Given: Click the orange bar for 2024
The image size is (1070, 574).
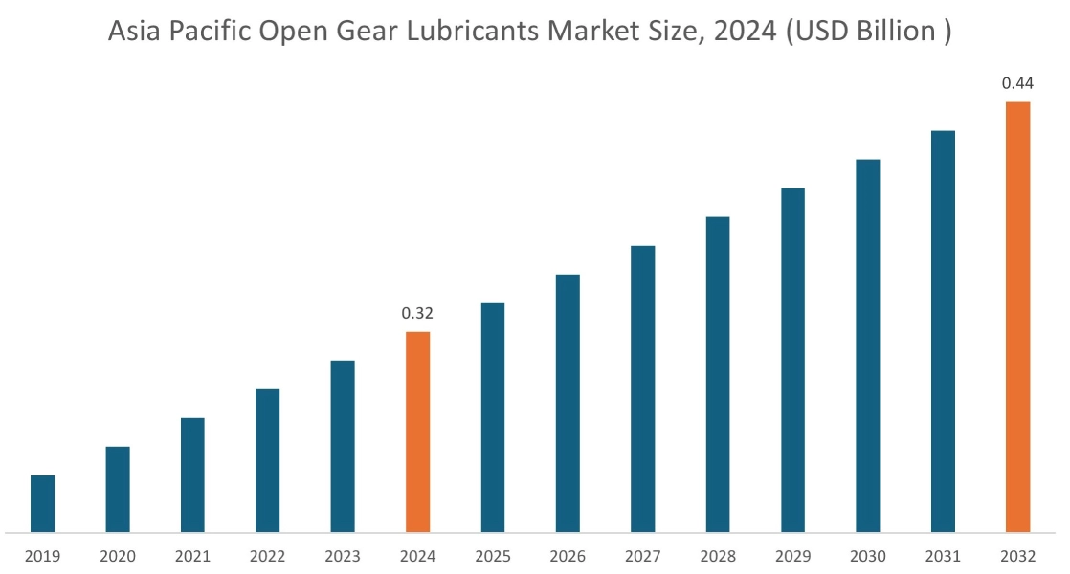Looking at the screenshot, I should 417,430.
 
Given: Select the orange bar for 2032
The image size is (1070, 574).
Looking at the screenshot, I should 1017,316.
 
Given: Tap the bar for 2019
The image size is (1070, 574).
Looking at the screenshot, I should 42,503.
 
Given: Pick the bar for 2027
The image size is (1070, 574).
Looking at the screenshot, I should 643,387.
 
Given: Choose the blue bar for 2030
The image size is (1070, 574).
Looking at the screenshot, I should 868,344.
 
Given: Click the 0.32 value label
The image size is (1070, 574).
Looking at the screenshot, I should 417,313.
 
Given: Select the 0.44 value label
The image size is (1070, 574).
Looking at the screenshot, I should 1016,84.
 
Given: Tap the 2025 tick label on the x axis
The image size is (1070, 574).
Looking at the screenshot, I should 493,556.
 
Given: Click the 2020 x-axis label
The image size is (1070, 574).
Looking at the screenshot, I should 117,556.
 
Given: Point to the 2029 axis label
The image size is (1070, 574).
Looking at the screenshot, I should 792,556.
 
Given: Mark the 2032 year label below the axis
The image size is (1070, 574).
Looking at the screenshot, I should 1017,556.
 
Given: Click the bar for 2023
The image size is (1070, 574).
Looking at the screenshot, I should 343,445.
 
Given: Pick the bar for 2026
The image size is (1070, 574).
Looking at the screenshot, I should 568,402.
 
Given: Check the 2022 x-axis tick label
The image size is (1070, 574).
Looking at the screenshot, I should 267,556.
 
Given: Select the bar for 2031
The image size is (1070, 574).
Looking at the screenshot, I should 943,330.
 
